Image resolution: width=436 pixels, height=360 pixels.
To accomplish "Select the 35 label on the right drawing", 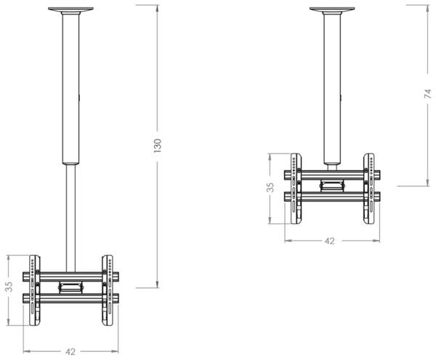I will pyautogui.click(x=270, y=188).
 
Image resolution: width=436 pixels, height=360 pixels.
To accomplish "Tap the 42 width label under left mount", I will pyautogui.click(x=70, y=351).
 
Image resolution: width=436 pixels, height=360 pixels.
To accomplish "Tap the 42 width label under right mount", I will pyautogui.click(x=331, y=241).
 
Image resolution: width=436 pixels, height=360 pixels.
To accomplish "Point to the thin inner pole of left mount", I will pyautogui.click(x=70, y=211).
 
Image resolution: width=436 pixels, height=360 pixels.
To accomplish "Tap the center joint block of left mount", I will pyautogui.click(x=70, y=286).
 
